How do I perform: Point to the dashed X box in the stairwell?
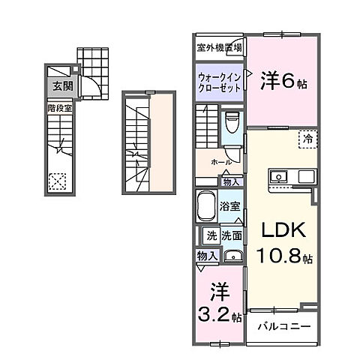[57, 180]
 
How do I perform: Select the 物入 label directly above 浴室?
[231, 181]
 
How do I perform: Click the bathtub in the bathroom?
[205, 204]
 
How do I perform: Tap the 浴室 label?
[229, 205]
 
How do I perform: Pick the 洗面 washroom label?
[231, 234]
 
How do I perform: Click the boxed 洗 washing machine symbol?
[211, 234]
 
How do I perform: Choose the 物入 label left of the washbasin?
[207, 256]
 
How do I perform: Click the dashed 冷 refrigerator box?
[307, 138]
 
